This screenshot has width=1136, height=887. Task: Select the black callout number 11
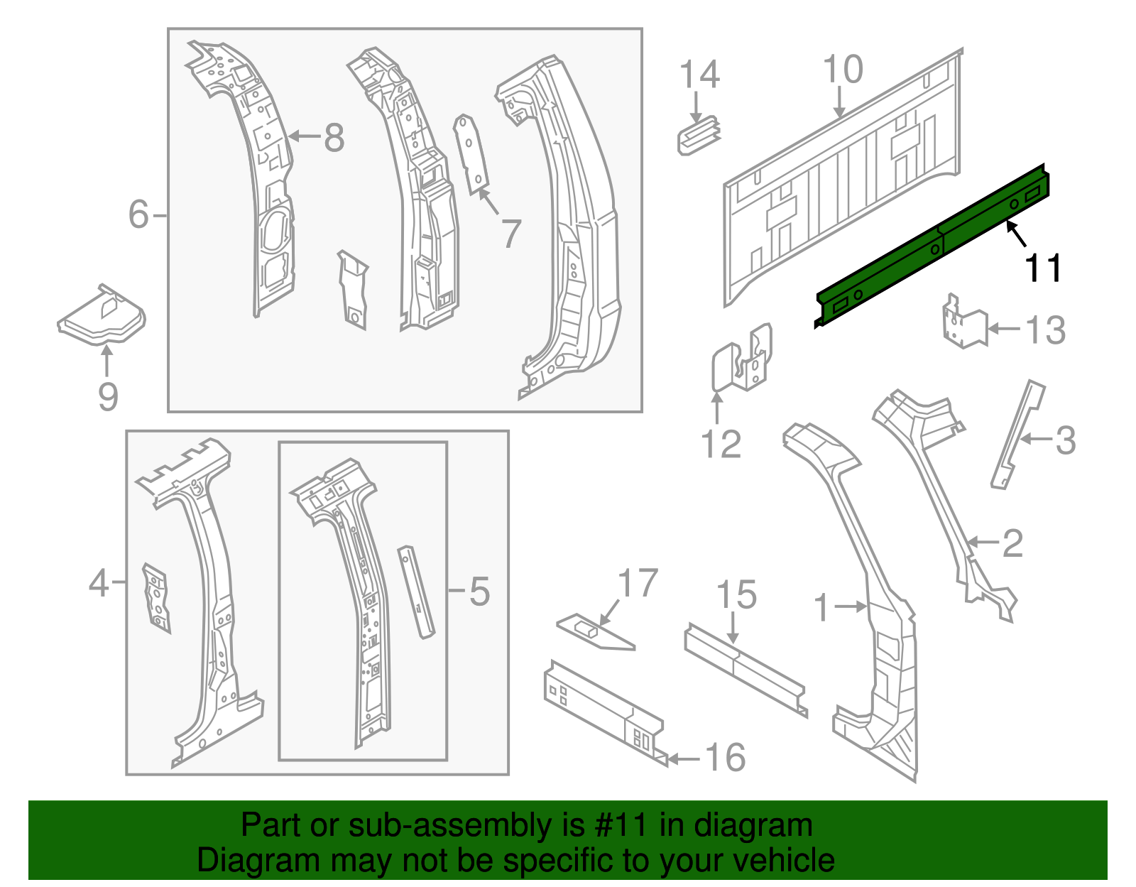pos(1042,268)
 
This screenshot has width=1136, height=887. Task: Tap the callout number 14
pos(699,75)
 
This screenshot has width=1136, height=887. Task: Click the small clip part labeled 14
pos(699,136)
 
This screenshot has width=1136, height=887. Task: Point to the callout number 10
pos(843,70)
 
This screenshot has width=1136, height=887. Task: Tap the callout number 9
pos(108,396)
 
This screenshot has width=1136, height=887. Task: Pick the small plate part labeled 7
pos(471,153)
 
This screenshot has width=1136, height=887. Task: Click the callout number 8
pos(334,137)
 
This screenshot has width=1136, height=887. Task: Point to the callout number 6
pos(138,214)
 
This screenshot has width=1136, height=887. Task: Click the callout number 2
pos(1012,543)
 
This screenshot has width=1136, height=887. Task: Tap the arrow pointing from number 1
pos(851,606)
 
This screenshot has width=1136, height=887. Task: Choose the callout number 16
pos(725,757)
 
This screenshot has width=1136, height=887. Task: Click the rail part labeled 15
pos(745,668)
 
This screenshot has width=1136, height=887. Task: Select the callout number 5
pos(479,591)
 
